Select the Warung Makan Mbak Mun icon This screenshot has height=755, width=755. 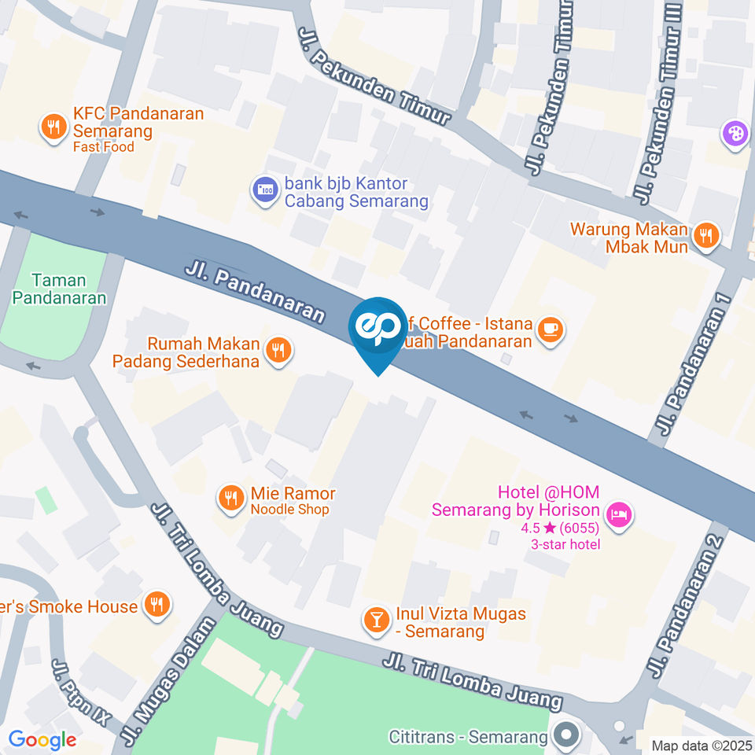pos(706,234)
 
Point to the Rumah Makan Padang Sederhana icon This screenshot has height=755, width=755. pos(277,350)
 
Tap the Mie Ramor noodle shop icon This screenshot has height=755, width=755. pos(230,498)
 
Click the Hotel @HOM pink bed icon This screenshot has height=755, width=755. pos(621,515)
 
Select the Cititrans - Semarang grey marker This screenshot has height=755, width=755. pos(565,736)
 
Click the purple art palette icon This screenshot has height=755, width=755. pos(735,133)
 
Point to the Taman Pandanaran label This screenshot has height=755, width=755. pos(59,289)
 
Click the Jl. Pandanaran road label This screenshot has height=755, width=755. pos(255,292)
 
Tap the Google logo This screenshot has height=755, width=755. pos(42,739)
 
